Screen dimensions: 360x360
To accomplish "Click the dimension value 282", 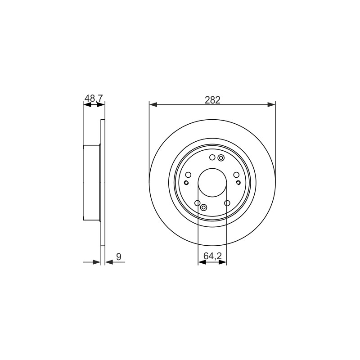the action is [x=212, y=100].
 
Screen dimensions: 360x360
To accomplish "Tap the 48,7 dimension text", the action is [x=94, y=98].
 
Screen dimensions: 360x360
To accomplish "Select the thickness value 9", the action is [x=119, y=256].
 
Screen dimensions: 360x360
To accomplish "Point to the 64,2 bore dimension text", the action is [x=212, y=256].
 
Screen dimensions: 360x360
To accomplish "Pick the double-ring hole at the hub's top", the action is [x=221, y=158].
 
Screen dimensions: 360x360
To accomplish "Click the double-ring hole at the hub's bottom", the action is [x=203, y=207].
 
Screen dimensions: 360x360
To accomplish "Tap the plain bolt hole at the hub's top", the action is [x=212, y=157].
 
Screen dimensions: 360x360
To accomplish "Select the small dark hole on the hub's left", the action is [x=186, y=183].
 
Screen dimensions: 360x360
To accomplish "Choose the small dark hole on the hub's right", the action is [x=238, y=183].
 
